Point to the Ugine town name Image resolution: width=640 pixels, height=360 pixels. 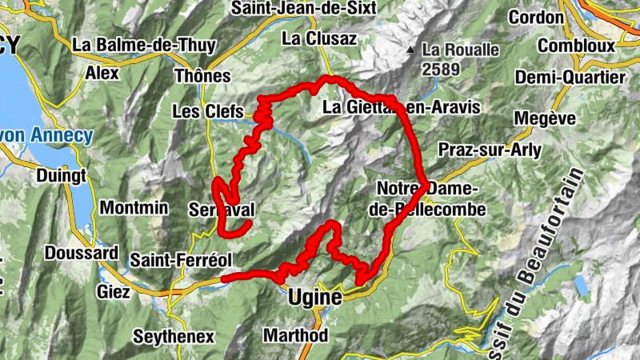click(314, 298)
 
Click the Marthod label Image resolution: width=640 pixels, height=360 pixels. click(295, 335)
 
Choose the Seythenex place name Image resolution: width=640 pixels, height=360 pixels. click(174, 336)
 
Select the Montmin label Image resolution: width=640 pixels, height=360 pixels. click(134, 208)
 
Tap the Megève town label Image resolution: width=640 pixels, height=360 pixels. click(546, 118)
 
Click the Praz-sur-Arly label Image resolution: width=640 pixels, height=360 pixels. click(490, 150)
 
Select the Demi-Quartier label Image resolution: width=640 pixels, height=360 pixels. click(570, 78)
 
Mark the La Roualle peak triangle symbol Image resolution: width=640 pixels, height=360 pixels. click(410, 50)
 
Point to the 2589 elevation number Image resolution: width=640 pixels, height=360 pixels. click(442, 69)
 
